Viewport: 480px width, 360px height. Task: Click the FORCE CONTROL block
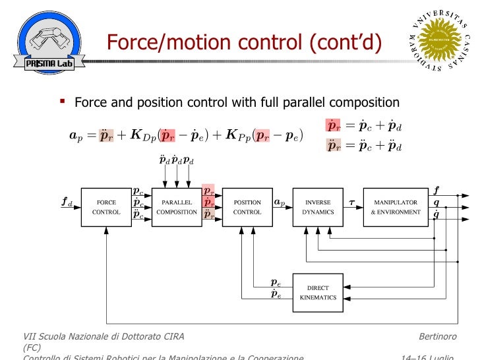coord(106,207)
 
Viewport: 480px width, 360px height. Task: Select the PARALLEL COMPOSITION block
coord(177,207)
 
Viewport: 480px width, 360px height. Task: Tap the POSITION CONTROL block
coord(247,207)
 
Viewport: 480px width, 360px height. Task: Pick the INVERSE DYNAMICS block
coord(318,207)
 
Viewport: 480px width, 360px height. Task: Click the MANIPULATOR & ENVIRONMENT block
coord(395,207)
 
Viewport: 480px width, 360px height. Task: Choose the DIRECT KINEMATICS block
coord(318,293)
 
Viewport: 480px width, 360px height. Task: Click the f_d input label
coord(67,203)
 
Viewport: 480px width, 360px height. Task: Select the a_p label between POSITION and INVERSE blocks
coord(279,202)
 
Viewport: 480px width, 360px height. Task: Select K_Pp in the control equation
coord(239,136)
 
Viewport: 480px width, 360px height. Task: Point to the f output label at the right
coord(436,189)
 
